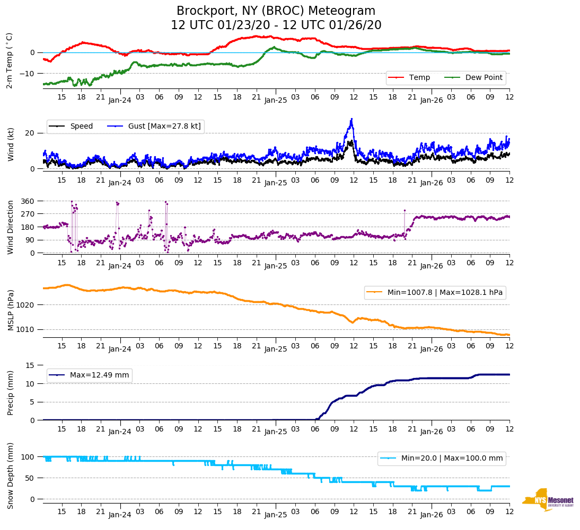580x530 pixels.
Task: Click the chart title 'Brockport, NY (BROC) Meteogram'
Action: (276, 11)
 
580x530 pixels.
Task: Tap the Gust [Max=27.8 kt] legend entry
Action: (154, 126)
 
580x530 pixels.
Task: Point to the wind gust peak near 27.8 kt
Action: (351, 119)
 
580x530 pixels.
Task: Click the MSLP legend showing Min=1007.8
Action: (435, 292)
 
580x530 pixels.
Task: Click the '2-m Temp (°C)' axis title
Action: (10, 60)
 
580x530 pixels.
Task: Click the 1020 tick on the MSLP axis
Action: (26, 305)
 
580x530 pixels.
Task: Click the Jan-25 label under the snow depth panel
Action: (276, 515)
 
